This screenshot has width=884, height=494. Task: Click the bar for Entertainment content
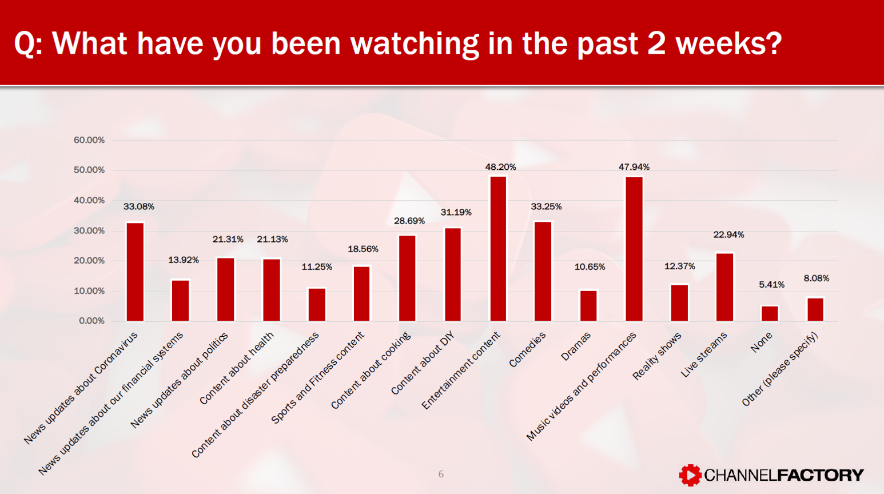click(498, 249)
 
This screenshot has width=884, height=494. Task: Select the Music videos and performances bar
click(634, 249)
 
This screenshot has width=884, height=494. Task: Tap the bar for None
click(770, 313)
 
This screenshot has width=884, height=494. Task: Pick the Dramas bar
click(588, 306)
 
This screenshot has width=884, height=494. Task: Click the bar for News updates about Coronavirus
click(135, 272)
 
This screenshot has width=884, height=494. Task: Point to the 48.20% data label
click(500, 167)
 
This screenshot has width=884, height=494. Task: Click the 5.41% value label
click(771, 285)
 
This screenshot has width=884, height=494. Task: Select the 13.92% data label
click(184, 260)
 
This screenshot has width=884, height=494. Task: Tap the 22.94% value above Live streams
click(728, 234)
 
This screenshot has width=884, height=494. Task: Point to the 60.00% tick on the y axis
click(89, 140)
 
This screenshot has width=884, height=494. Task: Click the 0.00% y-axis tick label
click(91, 321)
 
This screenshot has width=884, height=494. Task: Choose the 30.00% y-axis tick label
click(89, 230)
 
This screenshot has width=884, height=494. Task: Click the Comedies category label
click(527, 349)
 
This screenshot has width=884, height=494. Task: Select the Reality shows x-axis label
click(656, 356)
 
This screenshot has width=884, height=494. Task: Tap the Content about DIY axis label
click(423, 363)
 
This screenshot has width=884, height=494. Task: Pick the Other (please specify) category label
click(780, 369)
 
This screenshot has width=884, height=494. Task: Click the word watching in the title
click(415, 43)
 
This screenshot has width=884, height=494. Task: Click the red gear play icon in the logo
click(690, 475)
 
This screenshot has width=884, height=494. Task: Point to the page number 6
click(441, 474)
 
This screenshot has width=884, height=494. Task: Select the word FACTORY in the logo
click(821, 475)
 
